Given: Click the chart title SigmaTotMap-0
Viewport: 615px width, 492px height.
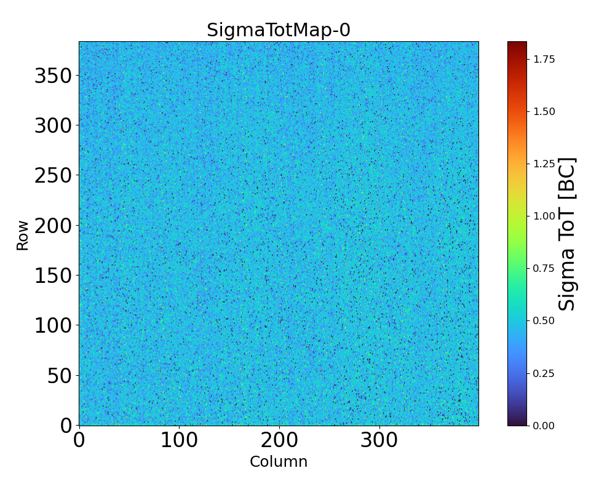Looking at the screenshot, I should click(279, 30).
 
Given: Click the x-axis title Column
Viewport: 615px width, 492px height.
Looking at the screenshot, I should click(279, 462).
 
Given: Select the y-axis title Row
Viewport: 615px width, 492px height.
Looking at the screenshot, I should click(23, 236).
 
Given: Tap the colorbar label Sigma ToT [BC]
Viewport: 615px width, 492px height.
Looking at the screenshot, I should click(567, 234).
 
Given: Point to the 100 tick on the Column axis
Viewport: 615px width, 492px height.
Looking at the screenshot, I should click(179, 441).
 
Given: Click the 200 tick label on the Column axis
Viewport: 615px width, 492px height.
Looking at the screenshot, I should click(279, 441).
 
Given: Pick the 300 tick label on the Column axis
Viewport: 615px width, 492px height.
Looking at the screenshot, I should click(379, 441).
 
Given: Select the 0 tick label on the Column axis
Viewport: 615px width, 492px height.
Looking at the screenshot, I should click(79, 441).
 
